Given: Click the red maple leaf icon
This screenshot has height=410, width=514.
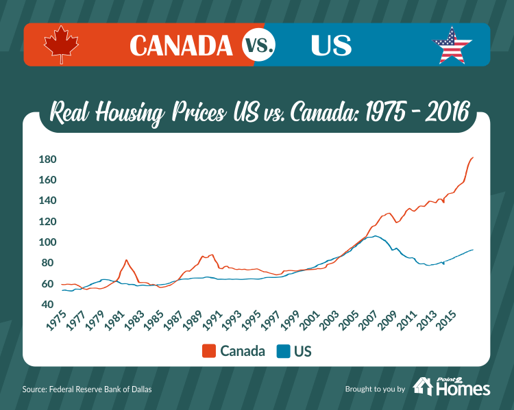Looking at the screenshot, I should pos(62,45).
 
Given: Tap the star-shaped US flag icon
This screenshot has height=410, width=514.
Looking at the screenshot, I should pos(452,45).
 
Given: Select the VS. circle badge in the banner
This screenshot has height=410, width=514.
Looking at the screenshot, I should pos(259,45).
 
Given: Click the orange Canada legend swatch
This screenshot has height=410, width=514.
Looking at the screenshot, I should pos(209,351).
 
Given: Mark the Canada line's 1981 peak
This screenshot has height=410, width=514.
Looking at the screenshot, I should pos(126,260).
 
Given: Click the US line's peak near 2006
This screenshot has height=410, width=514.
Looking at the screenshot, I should pos(375,236).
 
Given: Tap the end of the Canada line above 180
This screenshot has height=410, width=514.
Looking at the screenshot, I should pos(473,157).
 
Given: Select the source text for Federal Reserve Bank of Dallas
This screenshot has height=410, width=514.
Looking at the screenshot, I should pos(87,389).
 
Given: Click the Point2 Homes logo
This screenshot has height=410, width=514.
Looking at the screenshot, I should pos(452,387).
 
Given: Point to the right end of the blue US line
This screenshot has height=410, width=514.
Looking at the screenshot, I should pos(473,249).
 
